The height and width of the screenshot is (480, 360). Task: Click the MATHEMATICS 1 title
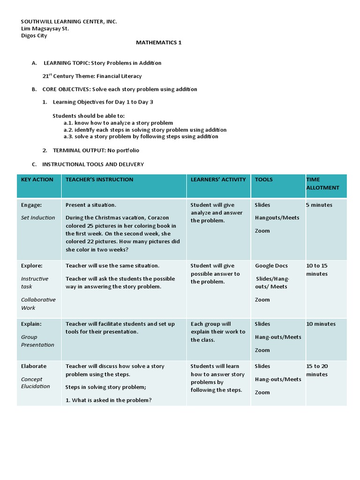click(x=158, y=43)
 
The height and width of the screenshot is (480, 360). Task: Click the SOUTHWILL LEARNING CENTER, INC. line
click(x=69, y=22)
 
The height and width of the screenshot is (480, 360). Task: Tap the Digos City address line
click(x=34, y=36)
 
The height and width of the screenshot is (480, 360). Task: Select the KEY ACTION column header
click(x=37, y=180)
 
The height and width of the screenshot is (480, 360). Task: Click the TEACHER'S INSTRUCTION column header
click(x=99, y=180)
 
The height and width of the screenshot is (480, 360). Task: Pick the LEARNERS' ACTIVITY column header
click(x=218, y=180)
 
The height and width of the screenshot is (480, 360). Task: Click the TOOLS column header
click(x=263, y=180)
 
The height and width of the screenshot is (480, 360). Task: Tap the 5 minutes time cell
click(x=319, y=205)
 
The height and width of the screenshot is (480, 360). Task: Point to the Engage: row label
click(x=31, y=205)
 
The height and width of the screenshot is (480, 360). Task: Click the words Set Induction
click(x=38, y=217)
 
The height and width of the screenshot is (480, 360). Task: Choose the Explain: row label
click(x=31, y=324)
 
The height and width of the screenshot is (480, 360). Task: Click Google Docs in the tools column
click(x=271, y=266)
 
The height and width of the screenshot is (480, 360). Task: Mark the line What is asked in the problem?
click(x=109, y=400)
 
